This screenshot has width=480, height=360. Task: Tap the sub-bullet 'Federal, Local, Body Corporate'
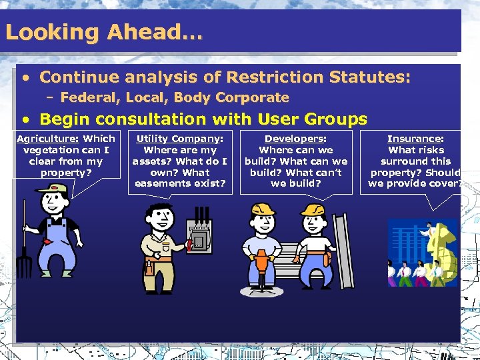point(174,97)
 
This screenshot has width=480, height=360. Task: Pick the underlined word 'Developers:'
point(295,139)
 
